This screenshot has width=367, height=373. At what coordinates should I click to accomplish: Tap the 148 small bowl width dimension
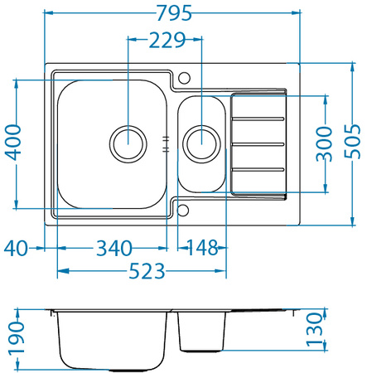(201, 247)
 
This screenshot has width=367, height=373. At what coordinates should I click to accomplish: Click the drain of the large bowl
(128, 142)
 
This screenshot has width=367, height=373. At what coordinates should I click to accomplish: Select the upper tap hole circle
(184, 78)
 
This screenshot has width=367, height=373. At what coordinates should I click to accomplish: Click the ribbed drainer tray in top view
(258, 144)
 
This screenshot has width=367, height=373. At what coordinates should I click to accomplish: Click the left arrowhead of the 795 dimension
(46, 13)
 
